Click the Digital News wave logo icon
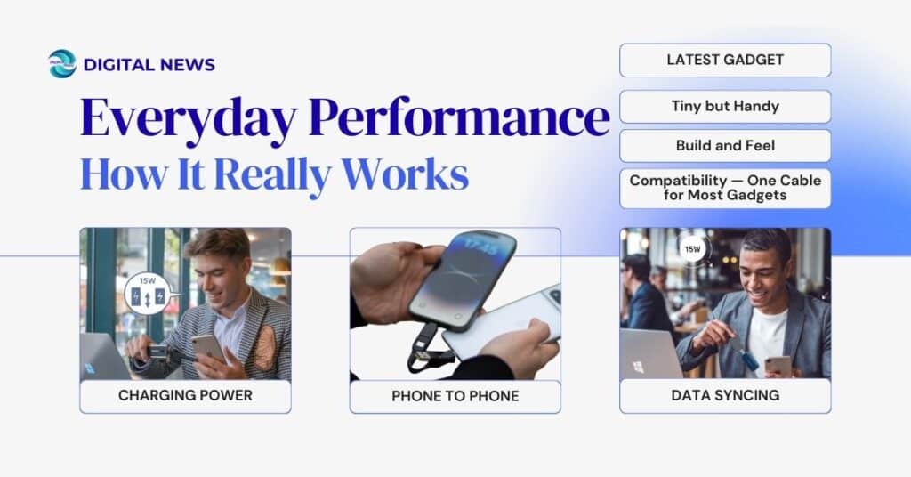pos(62,64)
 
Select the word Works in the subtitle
pos(416,174)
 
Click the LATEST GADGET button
pos(725,60)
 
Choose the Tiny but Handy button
pos(725,106)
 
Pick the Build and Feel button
pos(725,145)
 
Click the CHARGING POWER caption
pos(185,396)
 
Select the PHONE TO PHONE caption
pos(455,396)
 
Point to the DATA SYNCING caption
pos(725,396)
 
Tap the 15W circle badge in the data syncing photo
pos(693,249)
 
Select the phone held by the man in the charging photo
pos(207,349)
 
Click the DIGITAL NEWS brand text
pos(149,64)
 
